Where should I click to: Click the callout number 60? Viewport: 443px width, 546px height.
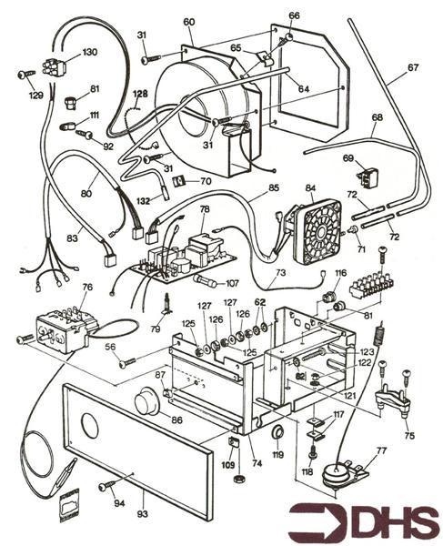tap(188, 22)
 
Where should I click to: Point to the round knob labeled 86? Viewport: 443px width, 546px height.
tap(146, 403)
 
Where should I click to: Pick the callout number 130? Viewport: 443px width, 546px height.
tap(89, 52)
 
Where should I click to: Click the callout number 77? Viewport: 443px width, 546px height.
tap(380, 450)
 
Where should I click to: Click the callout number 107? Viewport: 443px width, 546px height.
tap(232, 282)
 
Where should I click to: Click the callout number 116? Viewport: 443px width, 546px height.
tap(341, 273)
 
